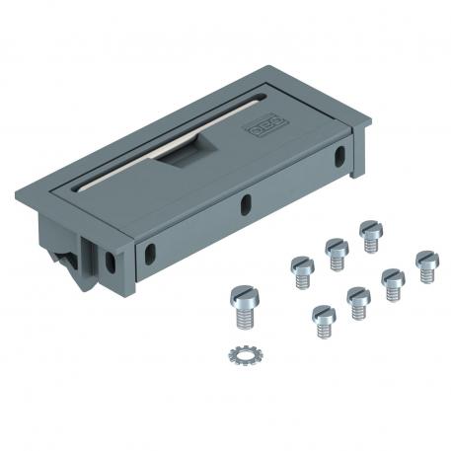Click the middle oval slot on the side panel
(x=245, y=204)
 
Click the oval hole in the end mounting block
(x=107, y=262)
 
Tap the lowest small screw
(x=324, y=321)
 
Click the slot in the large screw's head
(x=243, y=295)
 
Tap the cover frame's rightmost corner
(x=371, y=124)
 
